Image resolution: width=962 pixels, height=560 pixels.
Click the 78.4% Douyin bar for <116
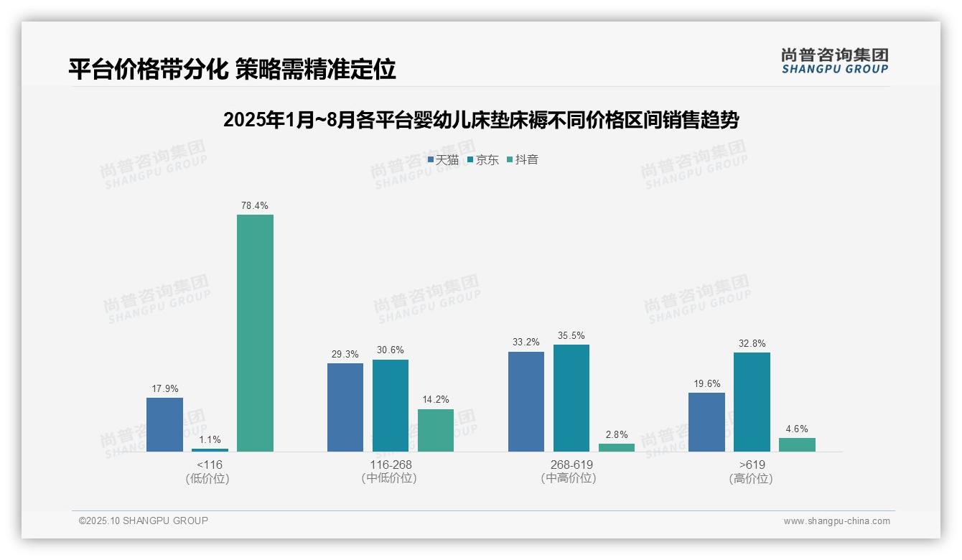tap(255, 333)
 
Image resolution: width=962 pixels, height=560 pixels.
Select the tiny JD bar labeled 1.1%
tap(210, 450)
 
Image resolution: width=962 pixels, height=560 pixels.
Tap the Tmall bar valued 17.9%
tap(164, 424)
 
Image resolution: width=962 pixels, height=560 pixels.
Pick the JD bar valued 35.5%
tap(571, 398)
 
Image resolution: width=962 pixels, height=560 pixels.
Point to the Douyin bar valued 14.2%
tap(436, 430)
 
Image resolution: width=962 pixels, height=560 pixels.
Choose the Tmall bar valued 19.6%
tap(706, 422)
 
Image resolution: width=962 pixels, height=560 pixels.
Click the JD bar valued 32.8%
tap(752, 402)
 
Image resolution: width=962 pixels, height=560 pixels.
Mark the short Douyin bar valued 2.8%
tap(617, 447)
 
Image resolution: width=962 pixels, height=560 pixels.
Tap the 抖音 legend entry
tap(523, 160)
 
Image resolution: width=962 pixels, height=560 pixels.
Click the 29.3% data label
tap(345, 355)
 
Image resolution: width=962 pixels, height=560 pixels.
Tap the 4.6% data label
tap(797, 429)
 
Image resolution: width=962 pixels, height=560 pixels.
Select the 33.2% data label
tap(526, 342)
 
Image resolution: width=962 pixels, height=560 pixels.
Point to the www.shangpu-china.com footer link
tap(836, 521)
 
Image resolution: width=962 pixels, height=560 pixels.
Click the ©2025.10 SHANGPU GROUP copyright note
tap(144, 521)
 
